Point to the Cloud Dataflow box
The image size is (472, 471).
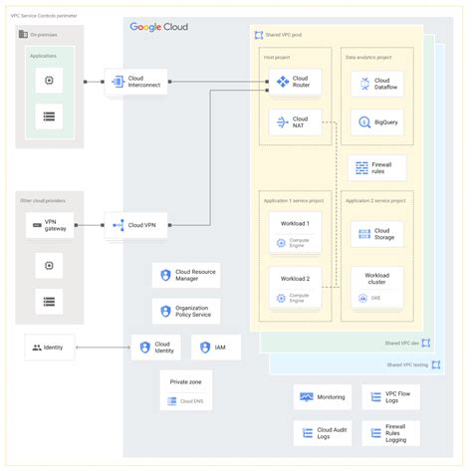(x=376, y=85)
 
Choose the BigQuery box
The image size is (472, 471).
(x=376, y=122)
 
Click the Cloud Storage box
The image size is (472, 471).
(x=376, y=234)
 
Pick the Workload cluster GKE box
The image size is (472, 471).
(x=376, y=285)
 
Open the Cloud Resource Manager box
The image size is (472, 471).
(x=186, y=276)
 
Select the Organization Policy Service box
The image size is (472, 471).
(x=186, y=312)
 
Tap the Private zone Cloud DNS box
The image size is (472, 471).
(x=186, y=390)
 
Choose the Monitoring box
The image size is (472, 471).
(x=323, y=397)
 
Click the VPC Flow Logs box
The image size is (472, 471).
(x=389, y=397)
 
